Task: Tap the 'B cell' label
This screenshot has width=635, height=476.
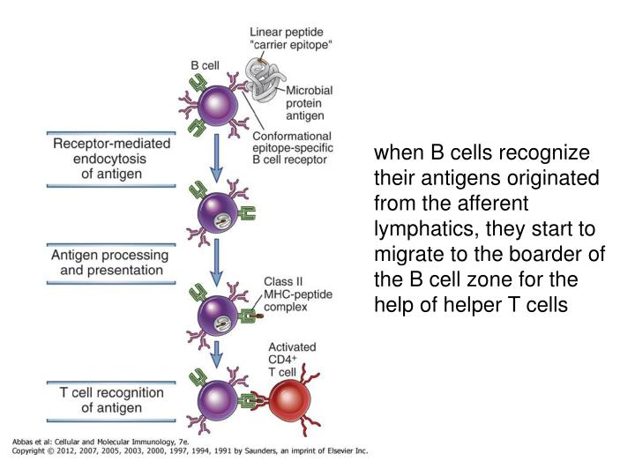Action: click(x=206, y=64)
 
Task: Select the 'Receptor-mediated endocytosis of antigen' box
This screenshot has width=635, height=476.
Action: click(x=111, y=159)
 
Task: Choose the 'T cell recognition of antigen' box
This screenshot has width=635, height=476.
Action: click(x=111, y=399)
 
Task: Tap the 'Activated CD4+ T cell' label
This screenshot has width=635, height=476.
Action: click(x=292, y=358)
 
